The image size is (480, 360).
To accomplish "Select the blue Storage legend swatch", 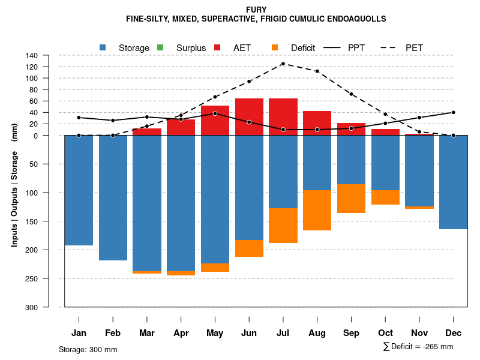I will (x=103, y=47).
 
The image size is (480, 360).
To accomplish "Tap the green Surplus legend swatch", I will (x=160, y=47).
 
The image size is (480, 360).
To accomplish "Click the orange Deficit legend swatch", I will (x=275, y=47).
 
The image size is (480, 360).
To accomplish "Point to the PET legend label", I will (x=414, y=47).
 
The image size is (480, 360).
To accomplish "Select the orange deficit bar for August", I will (x=317, y=210).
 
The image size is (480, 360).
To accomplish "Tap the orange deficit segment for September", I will (x=351, y=199).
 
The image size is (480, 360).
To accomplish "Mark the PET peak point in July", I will (x=283, y=64).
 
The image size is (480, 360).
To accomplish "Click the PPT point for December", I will (x=453, y=112).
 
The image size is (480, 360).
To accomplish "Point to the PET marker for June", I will (x=249, y=81).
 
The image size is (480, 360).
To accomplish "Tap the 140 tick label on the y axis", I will (x=49, y=55).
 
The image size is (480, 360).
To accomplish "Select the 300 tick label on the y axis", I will (x=47, y=307).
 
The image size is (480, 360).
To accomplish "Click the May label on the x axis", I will (x=215, y=333).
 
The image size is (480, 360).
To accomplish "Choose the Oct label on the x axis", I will (x=385, y=333).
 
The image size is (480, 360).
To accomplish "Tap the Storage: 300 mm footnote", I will (x=88, y=349).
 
